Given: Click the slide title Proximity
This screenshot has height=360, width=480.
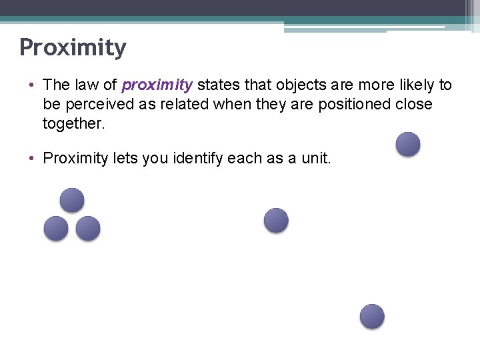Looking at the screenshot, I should click(x=73, y=48).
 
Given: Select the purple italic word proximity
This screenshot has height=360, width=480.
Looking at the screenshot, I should click(x=157, y=85).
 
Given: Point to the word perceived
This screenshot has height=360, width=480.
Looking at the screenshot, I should click(x=96, y=105).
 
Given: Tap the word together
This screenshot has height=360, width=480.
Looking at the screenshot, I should click(x=73, y=124).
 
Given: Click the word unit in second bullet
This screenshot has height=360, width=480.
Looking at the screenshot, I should click(x=315, y=158).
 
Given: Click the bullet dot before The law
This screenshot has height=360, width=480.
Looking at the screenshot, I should click(x=31, y=85).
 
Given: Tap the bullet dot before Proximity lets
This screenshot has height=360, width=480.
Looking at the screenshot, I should click(x=31, y=158).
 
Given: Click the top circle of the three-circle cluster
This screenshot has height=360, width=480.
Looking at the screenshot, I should click(x=72, y=200).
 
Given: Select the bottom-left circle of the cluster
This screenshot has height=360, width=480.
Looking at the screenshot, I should click(x=56, y=229).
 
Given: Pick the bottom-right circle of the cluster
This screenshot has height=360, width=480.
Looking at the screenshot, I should click(x=88, y=229).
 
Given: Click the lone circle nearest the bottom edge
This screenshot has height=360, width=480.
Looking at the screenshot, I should click(x=372, y=316).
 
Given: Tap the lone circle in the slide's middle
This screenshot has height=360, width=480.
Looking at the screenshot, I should click(x=276, y=220).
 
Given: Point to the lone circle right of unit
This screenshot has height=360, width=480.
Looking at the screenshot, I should click(x=408, y=144).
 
